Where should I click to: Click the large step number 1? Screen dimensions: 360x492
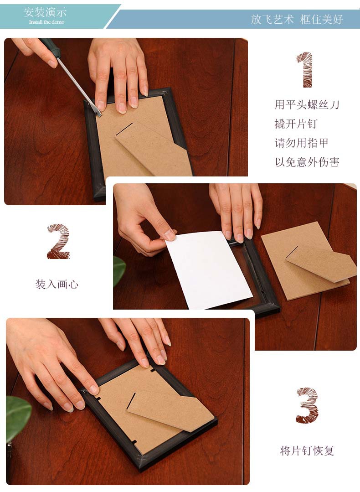click(x=305, y=70)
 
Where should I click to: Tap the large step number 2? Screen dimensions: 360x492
click(x=58, y=241)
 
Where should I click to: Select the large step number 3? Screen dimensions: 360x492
click(x=307, y=405)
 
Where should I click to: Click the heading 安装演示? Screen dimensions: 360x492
click(x=45, y=12)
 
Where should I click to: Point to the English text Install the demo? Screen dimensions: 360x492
click(x=47, y=22)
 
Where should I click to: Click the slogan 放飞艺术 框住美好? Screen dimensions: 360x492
click(x=297, y=20)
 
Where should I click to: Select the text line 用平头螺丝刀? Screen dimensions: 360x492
click(x=307, y=104)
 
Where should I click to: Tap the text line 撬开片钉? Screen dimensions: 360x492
click(x=296, y=124)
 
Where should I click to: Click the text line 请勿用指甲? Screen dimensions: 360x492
click(x=301, y=143)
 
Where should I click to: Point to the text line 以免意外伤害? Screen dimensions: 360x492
click(x=307, y=162)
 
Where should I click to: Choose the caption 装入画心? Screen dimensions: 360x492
click(x=57, y=284)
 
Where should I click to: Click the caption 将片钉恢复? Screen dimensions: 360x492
click(x=307, y=451)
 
